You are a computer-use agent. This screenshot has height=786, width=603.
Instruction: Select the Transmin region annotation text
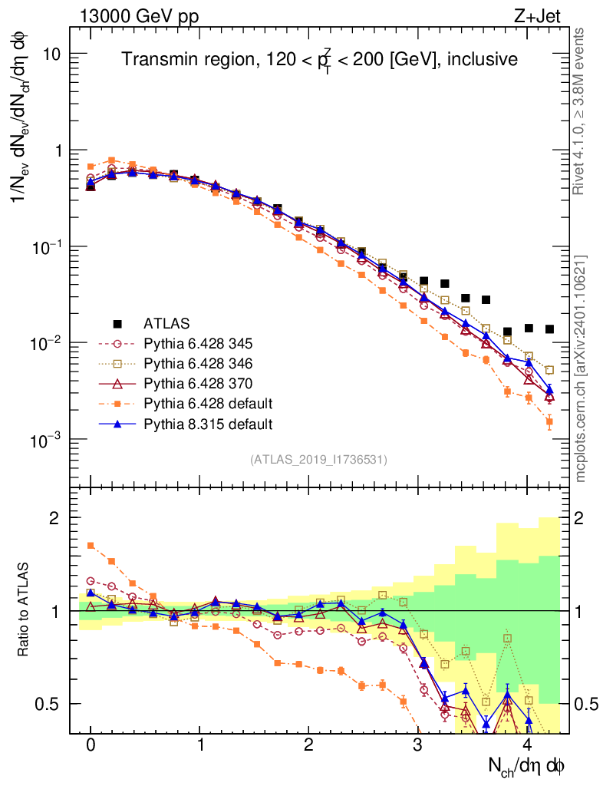pyautogui.click(x=320, y=60)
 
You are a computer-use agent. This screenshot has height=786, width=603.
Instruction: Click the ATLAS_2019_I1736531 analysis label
pyautogui.click(x=318, y=460)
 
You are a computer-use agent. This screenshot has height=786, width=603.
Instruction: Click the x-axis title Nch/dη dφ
pyautogui.click(x=527, y=765)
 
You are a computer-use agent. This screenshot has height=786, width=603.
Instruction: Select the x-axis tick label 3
pyautogui.click(x=417, y=745)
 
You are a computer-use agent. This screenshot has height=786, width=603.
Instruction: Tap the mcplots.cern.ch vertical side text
pyautogui.click(x=581, y=368)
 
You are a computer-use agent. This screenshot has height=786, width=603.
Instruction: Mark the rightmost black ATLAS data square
pyautogui.click(x=549, y=329)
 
